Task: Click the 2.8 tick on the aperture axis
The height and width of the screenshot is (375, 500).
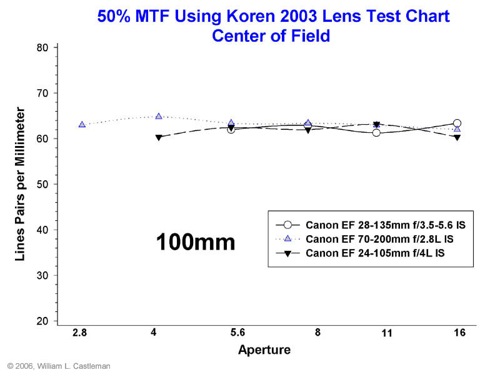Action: coord(79,333)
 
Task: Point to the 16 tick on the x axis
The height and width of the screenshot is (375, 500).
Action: coord(459,333)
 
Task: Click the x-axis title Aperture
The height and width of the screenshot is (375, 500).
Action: coord(264,350)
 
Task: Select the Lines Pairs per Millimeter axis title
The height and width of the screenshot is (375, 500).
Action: coord(20,184)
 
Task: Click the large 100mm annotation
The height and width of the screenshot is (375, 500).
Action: coord(195,241)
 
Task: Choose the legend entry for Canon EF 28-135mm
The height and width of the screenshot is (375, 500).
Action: coord(369,225)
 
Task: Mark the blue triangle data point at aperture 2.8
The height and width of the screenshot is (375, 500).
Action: coord(82,124)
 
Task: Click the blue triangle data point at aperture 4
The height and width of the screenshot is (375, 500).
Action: coord(159,116)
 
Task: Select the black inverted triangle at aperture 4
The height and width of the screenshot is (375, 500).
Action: coord(159,137)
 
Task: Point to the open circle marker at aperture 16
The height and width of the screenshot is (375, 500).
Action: coord(457,124)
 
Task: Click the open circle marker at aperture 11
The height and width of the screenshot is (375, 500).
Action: coord(376,132)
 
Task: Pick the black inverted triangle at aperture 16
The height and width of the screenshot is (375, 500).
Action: coord(457,137)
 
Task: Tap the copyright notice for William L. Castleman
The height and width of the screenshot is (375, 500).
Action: coord(59,366)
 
